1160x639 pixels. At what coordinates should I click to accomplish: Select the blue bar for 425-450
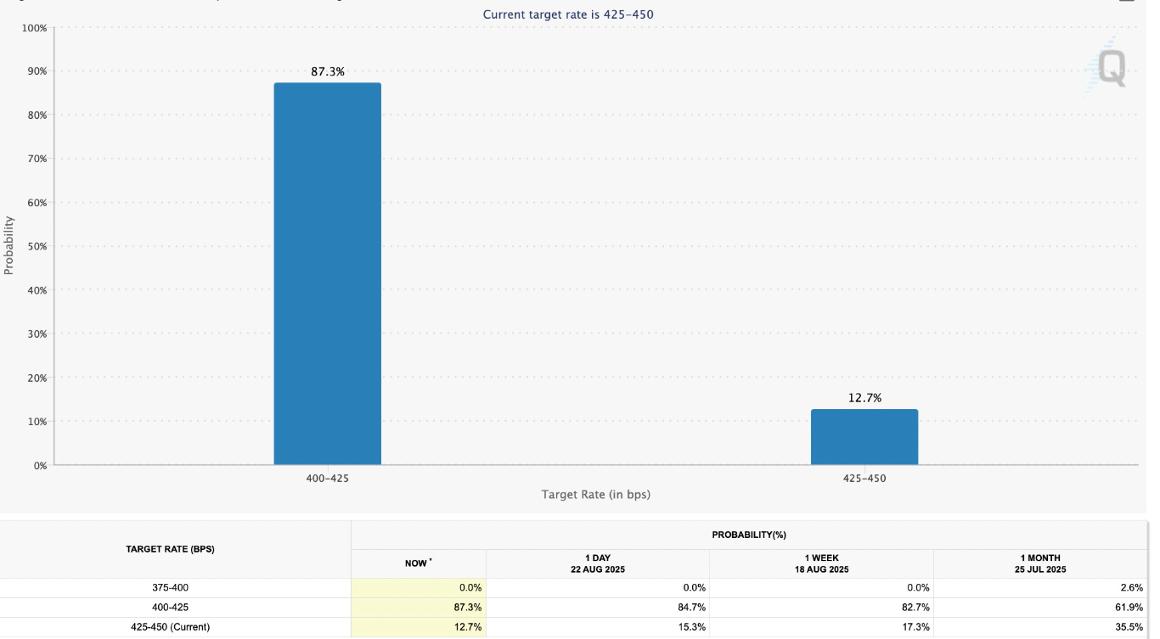[x=864, y=437]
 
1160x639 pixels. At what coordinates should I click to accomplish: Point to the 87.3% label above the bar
[x=328, y=72]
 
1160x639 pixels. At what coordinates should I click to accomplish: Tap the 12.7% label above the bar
[x=864, y=398]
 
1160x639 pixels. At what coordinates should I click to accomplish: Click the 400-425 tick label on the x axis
[x=327, y=479]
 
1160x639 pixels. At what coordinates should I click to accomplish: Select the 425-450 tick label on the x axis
[x=864, y=479]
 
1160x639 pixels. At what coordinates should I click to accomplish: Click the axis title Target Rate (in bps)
[x=595, y=494]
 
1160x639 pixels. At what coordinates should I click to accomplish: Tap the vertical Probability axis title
[x=9, y=245]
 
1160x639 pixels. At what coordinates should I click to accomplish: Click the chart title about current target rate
[x=568, y=14]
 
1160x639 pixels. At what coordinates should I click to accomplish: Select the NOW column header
[x=417, y=563]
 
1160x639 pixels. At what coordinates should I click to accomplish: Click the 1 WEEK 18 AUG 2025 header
[x=821, y=563]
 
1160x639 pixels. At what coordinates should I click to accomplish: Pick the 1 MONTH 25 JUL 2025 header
[x=1044, y=563]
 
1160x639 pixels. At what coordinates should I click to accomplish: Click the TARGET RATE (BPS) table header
[x=170, y=549]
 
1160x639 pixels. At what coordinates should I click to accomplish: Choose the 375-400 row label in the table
[x=177, y=587]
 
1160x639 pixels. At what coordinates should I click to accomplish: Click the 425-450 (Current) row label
[x=177, y=627]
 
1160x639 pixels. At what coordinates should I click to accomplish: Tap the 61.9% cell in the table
[x=1130, y=608]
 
